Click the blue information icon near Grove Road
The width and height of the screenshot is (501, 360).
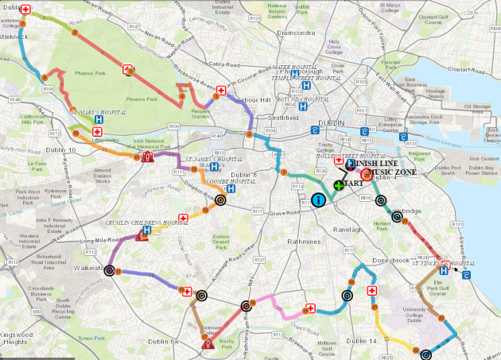click(x=318, y=200)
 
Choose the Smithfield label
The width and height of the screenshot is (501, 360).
click(x=282, y=117)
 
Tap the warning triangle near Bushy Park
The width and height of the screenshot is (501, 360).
click(x=207, y=344)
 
